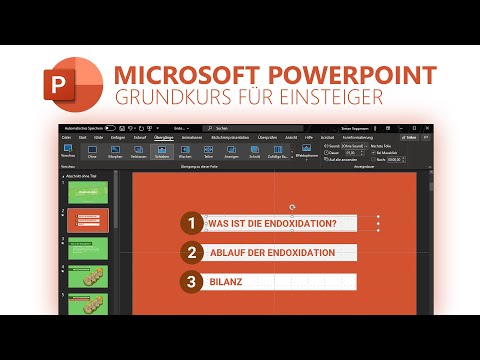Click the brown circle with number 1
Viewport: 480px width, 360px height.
coord(190,223)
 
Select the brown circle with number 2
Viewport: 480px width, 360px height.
coord(190,252)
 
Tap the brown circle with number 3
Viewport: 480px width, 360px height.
coord(190,281)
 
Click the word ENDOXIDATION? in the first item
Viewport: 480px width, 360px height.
coord(301,223)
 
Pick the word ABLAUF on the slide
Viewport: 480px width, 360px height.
coord(229,252)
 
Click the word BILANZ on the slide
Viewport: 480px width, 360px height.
coord(225,281)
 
